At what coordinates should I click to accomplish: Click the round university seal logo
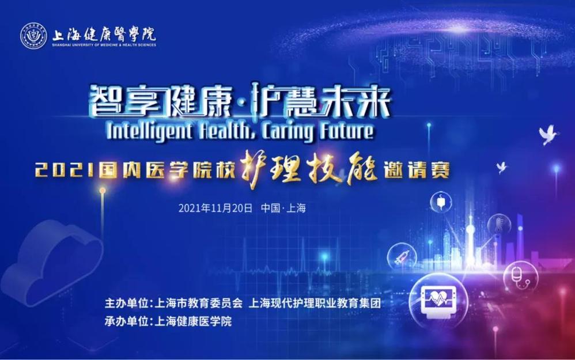[34, 36]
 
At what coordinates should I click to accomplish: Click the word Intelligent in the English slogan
[149, 131]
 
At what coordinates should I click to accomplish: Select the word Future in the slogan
[346, 130]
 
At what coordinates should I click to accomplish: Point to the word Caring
[287, 131]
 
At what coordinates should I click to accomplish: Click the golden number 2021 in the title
[66, 170]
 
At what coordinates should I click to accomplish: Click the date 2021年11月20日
[215, 209]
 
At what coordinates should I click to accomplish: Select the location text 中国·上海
[283, 209]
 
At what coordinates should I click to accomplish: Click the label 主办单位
[127, 303]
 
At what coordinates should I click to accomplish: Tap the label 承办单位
[127, 321]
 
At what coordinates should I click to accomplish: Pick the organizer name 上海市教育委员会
[199, 303]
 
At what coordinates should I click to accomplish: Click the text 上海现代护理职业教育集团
[315, 303]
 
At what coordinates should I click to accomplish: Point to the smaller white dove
[501, 167]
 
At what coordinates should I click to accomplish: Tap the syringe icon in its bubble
[402, 256]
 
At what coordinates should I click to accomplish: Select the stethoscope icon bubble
[521, 278]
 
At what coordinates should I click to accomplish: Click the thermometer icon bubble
[499, 225]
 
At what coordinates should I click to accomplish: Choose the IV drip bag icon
[441, 202]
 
